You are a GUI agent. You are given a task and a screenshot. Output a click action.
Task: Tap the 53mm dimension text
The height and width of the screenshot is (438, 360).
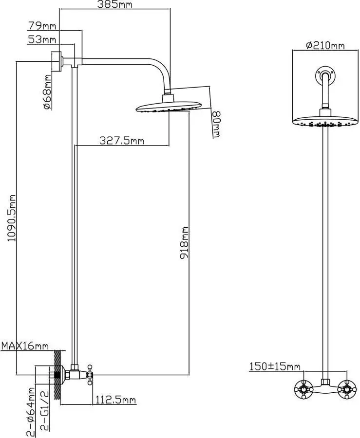click(41, 39)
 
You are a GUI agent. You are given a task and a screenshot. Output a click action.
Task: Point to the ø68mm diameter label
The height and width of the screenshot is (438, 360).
click(47, 92)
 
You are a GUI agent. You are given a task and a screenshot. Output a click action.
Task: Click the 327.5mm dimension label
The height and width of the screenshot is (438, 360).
click(122, 141)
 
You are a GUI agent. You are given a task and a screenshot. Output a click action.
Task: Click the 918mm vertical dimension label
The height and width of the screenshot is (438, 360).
click(185, 242)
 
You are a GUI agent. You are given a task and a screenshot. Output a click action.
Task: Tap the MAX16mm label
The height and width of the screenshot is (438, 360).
click(25, 346)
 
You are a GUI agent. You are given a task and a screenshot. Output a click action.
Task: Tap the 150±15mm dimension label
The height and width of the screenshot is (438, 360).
click(275, 366)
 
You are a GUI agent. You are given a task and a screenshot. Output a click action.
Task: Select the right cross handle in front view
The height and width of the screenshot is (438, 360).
click(347, 389)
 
